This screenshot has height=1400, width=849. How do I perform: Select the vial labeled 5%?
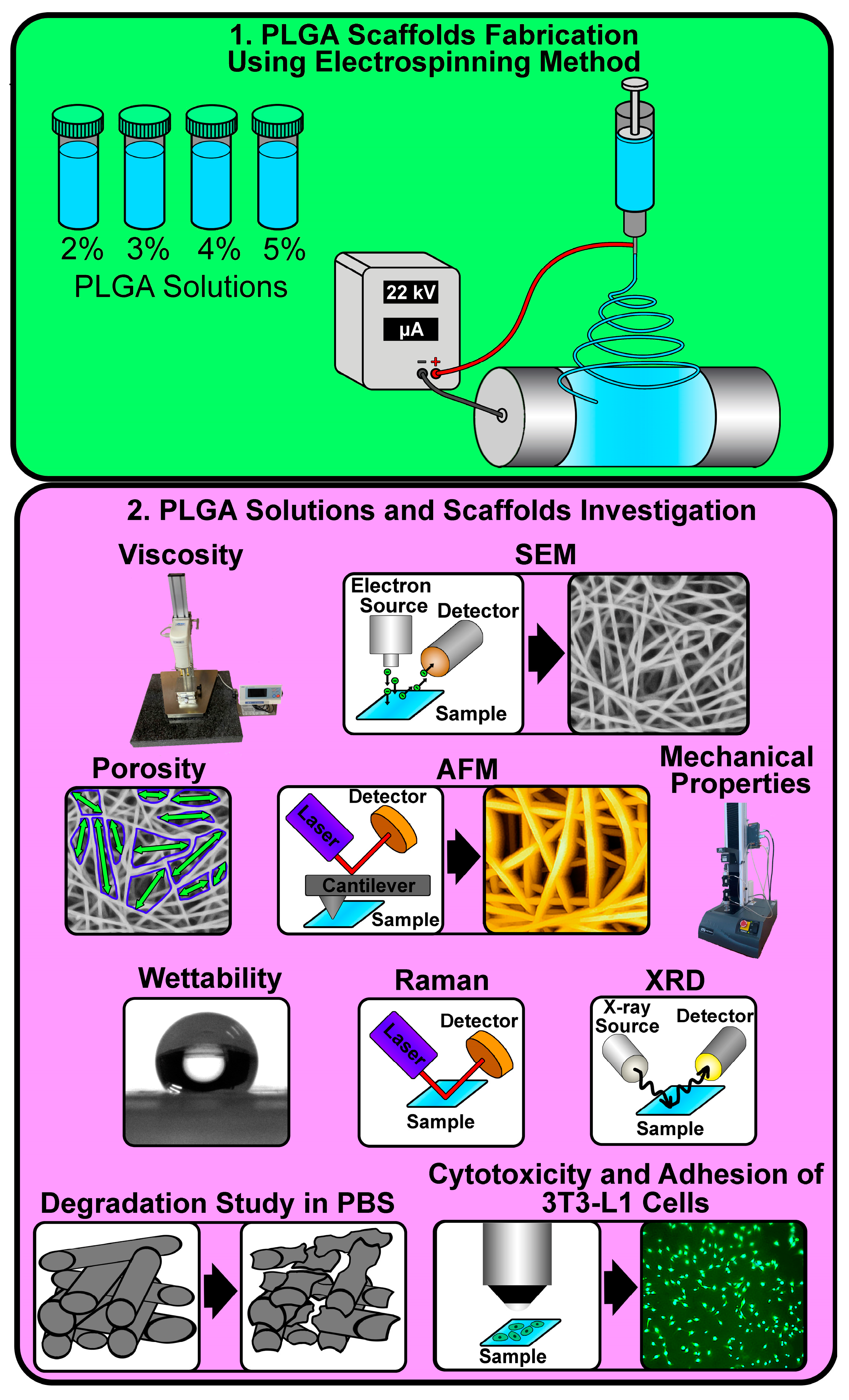click(278, 170)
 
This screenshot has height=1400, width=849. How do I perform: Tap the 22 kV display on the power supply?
click(411, 292)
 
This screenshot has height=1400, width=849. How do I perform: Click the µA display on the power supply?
click(411, 329)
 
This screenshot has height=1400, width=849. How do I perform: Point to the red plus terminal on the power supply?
click(435, 373)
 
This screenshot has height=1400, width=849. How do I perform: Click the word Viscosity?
click(181, 555)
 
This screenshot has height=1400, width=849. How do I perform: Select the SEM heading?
click(545, 555)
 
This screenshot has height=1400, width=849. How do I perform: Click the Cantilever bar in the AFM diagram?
click(368, 885)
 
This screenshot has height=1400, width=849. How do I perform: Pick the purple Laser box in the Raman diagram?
click(404, 1044)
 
